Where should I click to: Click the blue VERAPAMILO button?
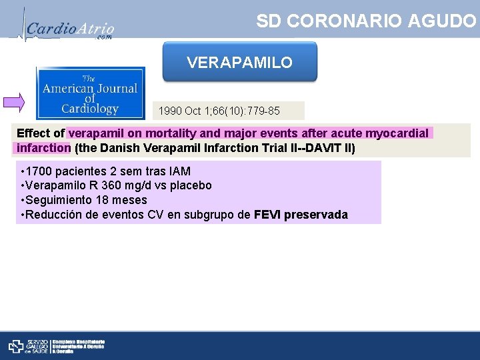point(240,63)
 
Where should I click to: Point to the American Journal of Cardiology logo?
point(90,93)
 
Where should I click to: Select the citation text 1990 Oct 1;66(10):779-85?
point(219,111)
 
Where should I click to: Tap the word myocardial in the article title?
point(397,133)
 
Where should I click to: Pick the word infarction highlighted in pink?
point(43,147)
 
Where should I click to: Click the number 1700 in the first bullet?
point(41,171)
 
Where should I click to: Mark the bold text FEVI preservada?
point(301,215)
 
